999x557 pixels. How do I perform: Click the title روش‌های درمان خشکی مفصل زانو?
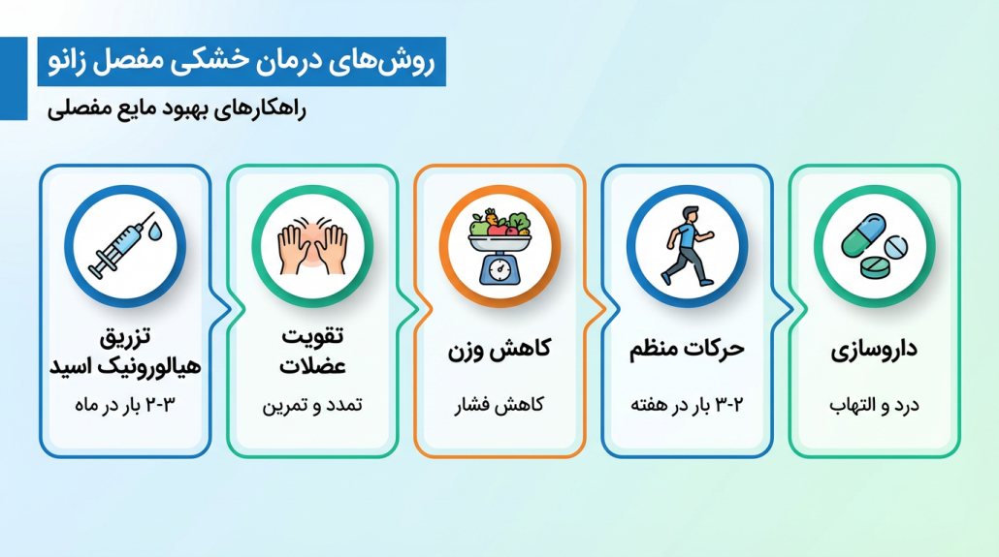[242, 62]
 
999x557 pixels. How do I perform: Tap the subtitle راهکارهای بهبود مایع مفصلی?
[177, 108]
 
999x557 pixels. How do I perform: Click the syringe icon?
[120, 245]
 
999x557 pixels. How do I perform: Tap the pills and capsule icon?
[873, 246]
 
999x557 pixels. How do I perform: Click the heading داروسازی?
[874, 350]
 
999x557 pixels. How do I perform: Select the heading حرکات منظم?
[687, 349]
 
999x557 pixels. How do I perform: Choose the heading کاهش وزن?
[499, 349]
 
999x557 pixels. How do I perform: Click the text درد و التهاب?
[874, 405]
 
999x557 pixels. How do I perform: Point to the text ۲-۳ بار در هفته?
[687, 405]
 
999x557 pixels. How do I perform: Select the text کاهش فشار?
[499, 405]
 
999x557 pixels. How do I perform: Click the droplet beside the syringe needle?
[159, 231]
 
